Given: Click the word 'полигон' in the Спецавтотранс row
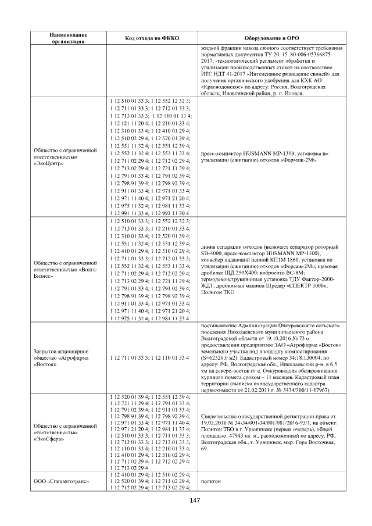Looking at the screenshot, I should [210, 482].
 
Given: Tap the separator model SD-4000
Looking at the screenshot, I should [211, 254].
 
